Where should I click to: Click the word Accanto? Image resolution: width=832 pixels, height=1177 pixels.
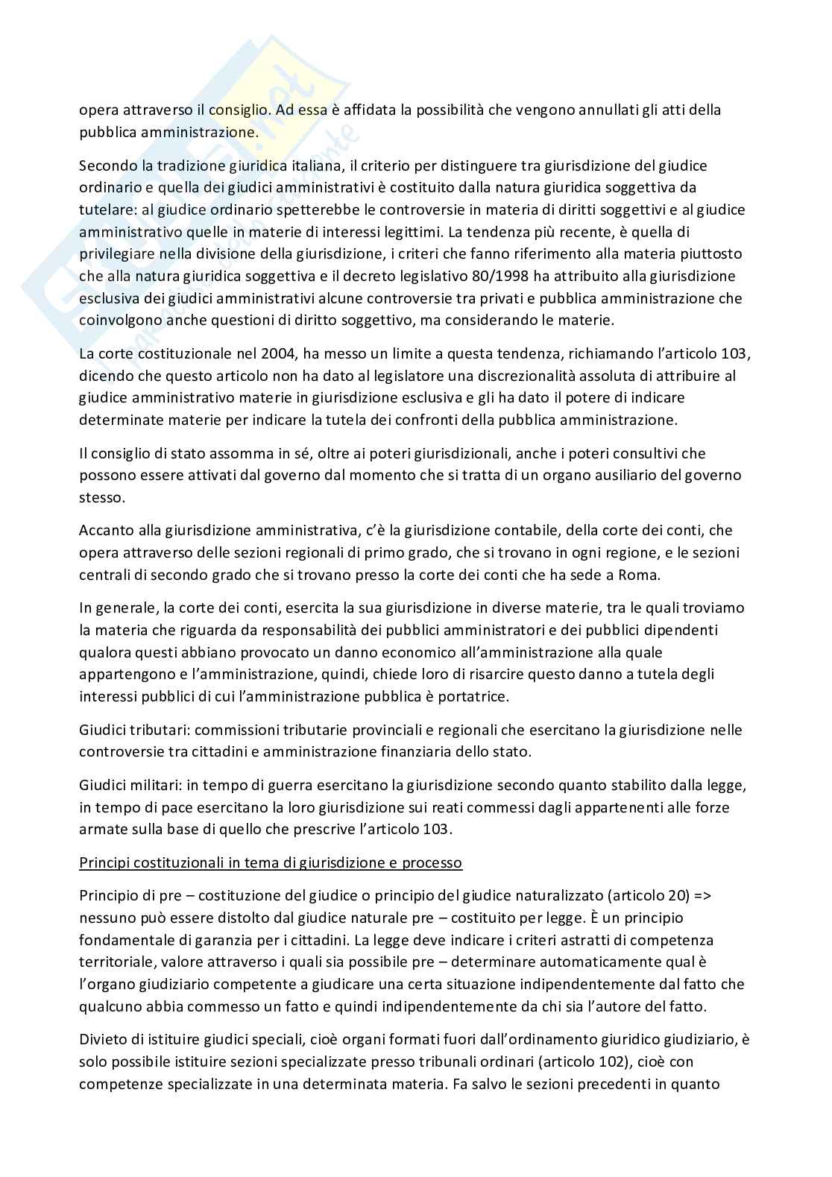tap(105, 530)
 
